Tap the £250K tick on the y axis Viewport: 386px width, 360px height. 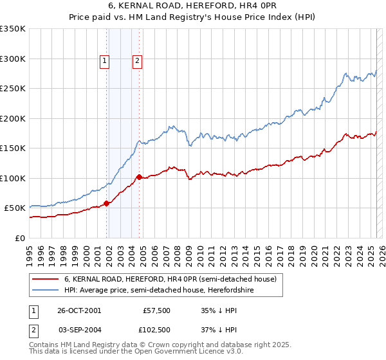click(x=13, y=89)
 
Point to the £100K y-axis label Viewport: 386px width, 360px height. click(x=13, y=178)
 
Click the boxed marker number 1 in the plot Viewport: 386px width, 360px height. click(x=104, y=62)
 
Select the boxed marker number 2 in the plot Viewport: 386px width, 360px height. click(x=137, y=62)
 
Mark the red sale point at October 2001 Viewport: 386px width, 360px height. click(x=107, y=203)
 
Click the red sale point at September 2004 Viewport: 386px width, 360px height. click(x=139, y=176)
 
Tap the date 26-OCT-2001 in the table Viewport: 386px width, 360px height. click(x=79, y=310)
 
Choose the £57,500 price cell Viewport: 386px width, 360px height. click(x=156, y=310)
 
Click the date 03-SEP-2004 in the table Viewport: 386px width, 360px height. click(x=79, y=329)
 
